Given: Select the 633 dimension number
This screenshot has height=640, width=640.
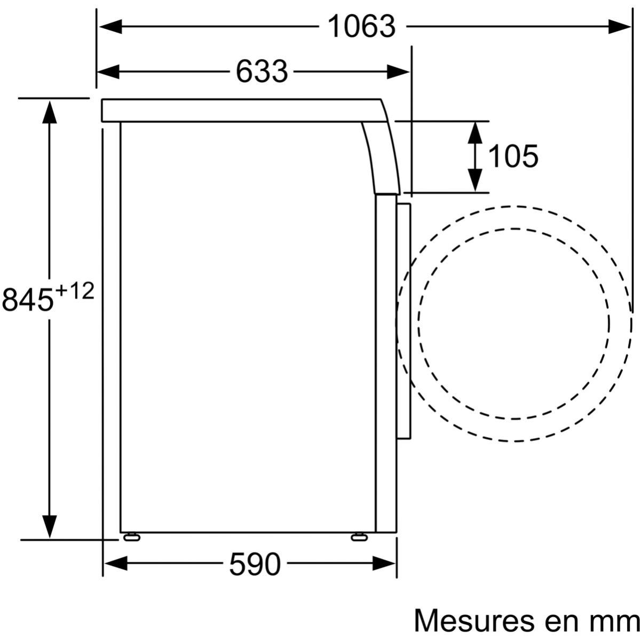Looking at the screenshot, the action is point(262,72).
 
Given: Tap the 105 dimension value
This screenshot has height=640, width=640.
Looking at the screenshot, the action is point(513,156).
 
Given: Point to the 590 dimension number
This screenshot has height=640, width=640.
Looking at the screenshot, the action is point(255,564).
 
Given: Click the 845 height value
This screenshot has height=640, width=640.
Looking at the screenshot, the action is point(28,299).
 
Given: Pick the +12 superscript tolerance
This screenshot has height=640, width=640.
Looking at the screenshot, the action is point(75,291).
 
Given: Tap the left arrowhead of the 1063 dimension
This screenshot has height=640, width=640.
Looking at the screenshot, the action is point(110,27).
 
